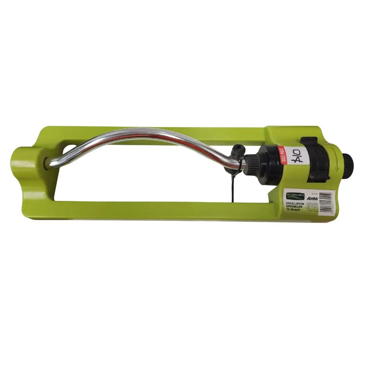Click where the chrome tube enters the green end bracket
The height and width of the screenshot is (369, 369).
pyautogui.click(x=49, y=163)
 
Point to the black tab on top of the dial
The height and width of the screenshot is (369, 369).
pyautogui.click(x=309, y=140)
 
